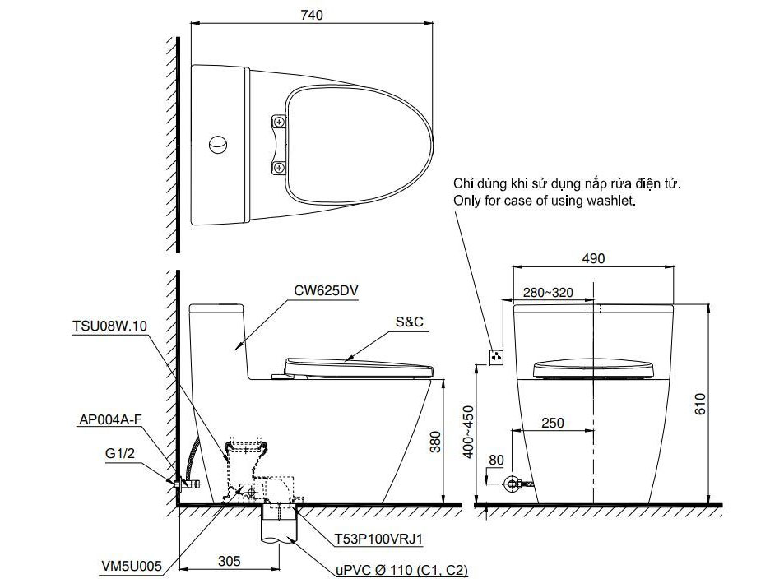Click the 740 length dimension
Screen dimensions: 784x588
coord(312,15)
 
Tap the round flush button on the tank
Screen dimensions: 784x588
coord(219,145)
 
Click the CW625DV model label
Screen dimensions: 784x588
coord(326,291)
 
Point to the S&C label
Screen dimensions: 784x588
coord(410,322)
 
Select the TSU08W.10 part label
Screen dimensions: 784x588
coord(110,326)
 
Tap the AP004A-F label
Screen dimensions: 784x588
coord(110,419)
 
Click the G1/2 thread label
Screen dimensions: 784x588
coord(120,454)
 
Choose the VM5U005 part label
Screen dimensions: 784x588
coord(132,566)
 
